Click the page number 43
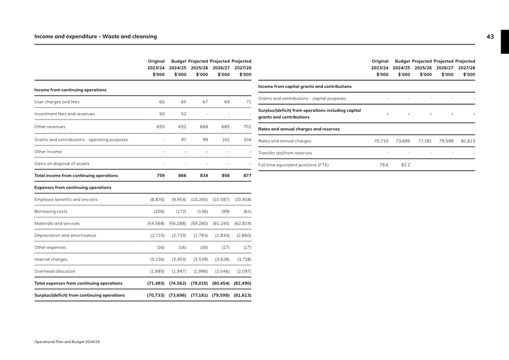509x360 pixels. tap(490, 37)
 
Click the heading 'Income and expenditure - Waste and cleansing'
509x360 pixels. tap(95, 37)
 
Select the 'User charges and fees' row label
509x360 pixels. tap(57, 102)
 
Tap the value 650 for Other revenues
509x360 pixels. tap(160, 126)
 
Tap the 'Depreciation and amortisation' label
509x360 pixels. tap(65, 235)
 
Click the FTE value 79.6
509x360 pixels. tap(384, 165)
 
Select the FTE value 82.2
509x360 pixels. tap(405, 165)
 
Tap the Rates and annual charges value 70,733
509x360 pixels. tap(381, 141)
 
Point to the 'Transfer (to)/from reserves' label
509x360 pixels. tap(285, 153)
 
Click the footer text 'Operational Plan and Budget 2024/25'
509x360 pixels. tap(67, 342)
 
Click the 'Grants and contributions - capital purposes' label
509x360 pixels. tap(302, 98)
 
